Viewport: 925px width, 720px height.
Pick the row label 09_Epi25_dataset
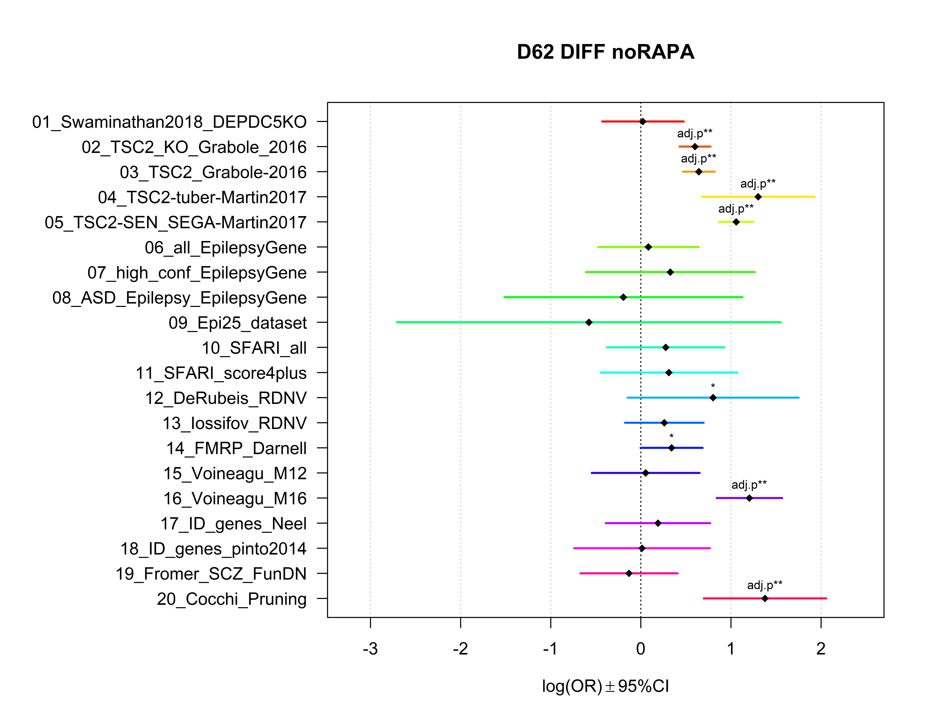[237, 323]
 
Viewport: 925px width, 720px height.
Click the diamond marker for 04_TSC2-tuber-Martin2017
[758, 197]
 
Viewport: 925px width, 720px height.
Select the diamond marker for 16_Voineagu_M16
[749, 498]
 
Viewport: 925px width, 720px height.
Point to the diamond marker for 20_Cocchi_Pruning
[765, 598]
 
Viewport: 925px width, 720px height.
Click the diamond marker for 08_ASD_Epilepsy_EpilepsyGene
[623, 297]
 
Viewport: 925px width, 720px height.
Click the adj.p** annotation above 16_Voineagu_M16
[749, 485]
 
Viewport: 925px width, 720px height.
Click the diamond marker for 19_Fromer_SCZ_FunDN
[629, 573]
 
